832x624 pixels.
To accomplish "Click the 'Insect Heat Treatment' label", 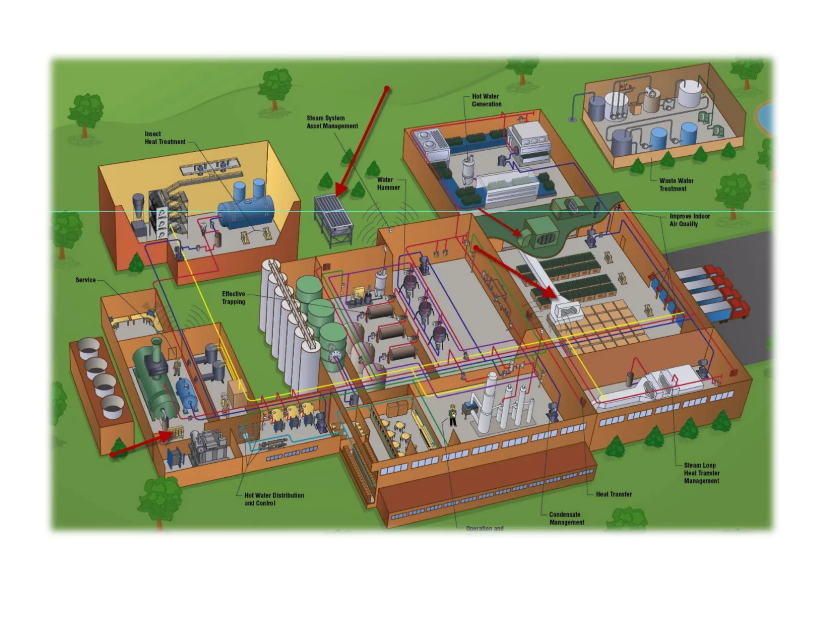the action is [165, 138].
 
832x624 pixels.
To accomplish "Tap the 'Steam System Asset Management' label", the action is [332, 122].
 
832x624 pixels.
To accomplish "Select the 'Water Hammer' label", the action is [388, 184].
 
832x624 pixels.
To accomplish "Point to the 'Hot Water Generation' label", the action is [486, 100].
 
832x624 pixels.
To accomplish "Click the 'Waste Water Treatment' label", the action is [676, 184].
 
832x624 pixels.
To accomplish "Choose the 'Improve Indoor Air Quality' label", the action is [689, 220].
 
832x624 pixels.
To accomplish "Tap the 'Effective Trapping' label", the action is [233, 298].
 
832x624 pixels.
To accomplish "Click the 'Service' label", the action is [85, 280].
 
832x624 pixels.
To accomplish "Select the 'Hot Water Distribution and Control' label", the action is [274, 499].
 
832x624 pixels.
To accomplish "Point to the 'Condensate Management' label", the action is [566, 518].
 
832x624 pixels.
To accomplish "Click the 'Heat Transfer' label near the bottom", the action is [613, 494].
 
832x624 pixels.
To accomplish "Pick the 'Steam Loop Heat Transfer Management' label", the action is [701, 473].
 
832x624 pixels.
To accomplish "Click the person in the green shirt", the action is [453, 414].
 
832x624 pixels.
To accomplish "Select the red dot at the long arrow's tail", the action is [387, 89].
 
